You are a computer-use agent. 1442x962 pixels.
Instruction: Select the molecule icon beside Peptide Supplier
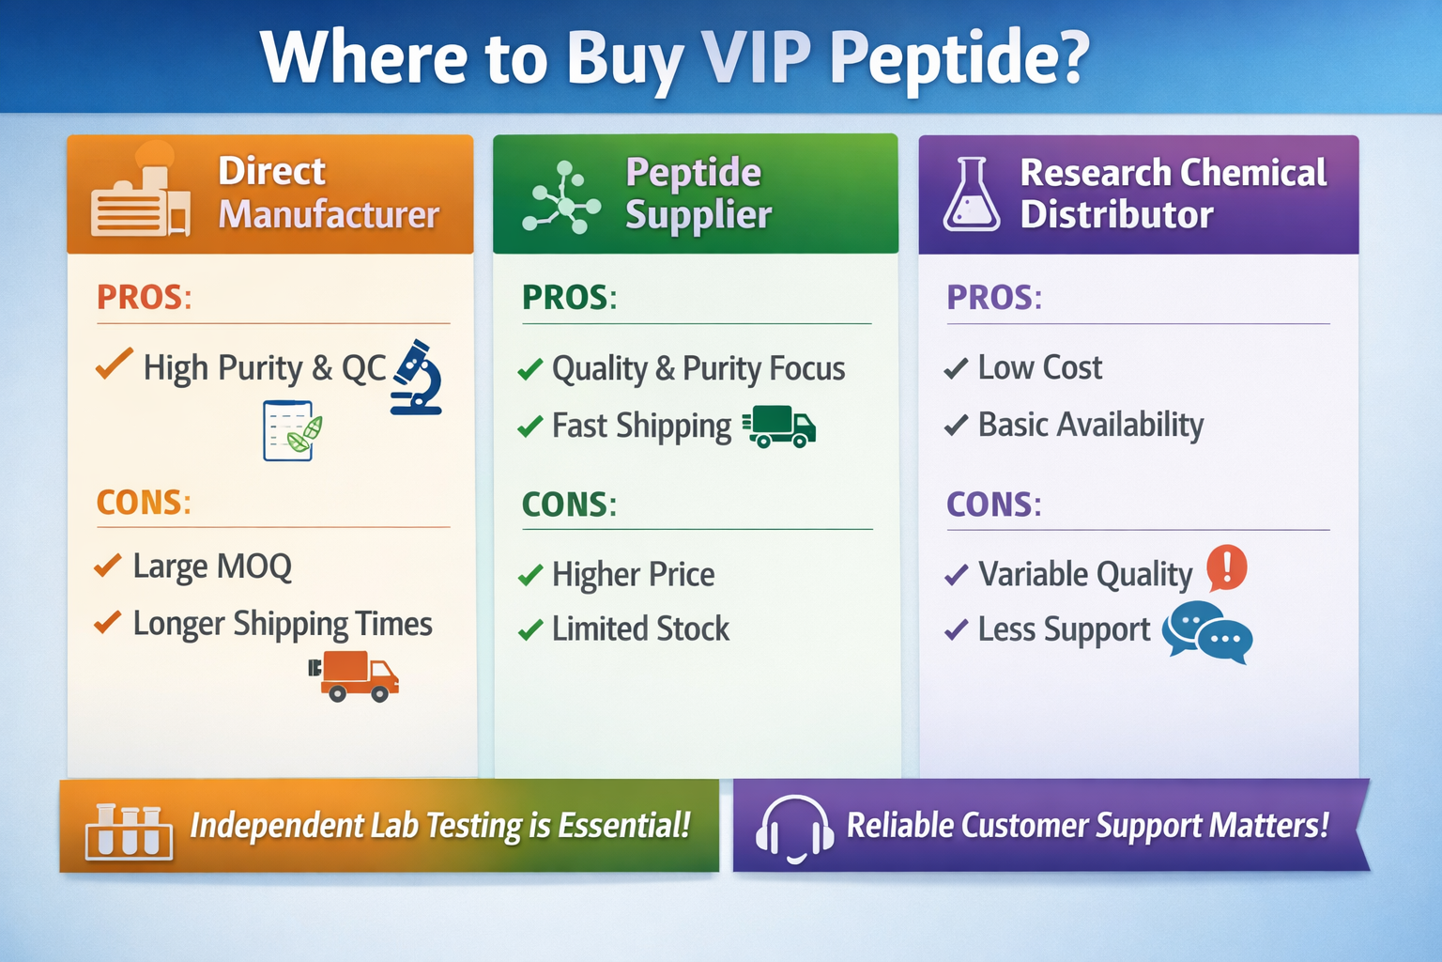pyautogui.click(x=561, y=197)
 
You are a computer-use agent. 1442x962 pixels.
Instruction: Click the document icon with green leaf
pyautogui.click(x=292, y=430)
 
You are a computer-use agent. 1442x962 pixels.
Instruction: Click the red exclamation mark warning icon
pyautogui.click(x=1226, y=567)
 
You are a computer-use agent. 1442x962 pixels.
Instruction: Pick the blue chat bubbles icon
pyautogui.click(x=1207, y=632)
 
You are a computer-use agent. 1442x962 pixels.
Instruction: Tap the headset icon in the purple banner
pyautogui.click(x=795, y=827)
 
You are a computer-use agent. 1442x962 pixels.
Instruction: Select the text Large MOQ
pyautogui.click(x=212, y=566)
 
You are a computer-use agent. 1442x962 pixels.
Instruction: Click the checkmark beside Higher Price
pyautogui.click(x=530, y=575)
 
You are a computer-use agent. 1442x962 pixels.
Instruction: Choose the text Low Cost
pyautogui.click(x=1039, y=367)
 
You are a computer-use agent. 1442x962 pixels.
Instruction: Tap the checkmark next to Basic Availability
pyautogui.click(x=956, y=426)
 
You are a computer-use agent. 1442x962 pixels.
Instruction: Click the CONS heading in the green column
pyautogui.click(x=569, y=504)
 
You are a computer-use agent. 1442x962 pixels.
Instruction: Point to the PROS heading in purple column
pyautogui.click(x=993, y=298)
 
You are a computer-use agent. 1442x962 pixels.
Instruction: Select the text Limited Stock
pyautogui.click(x=640, y=628)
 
